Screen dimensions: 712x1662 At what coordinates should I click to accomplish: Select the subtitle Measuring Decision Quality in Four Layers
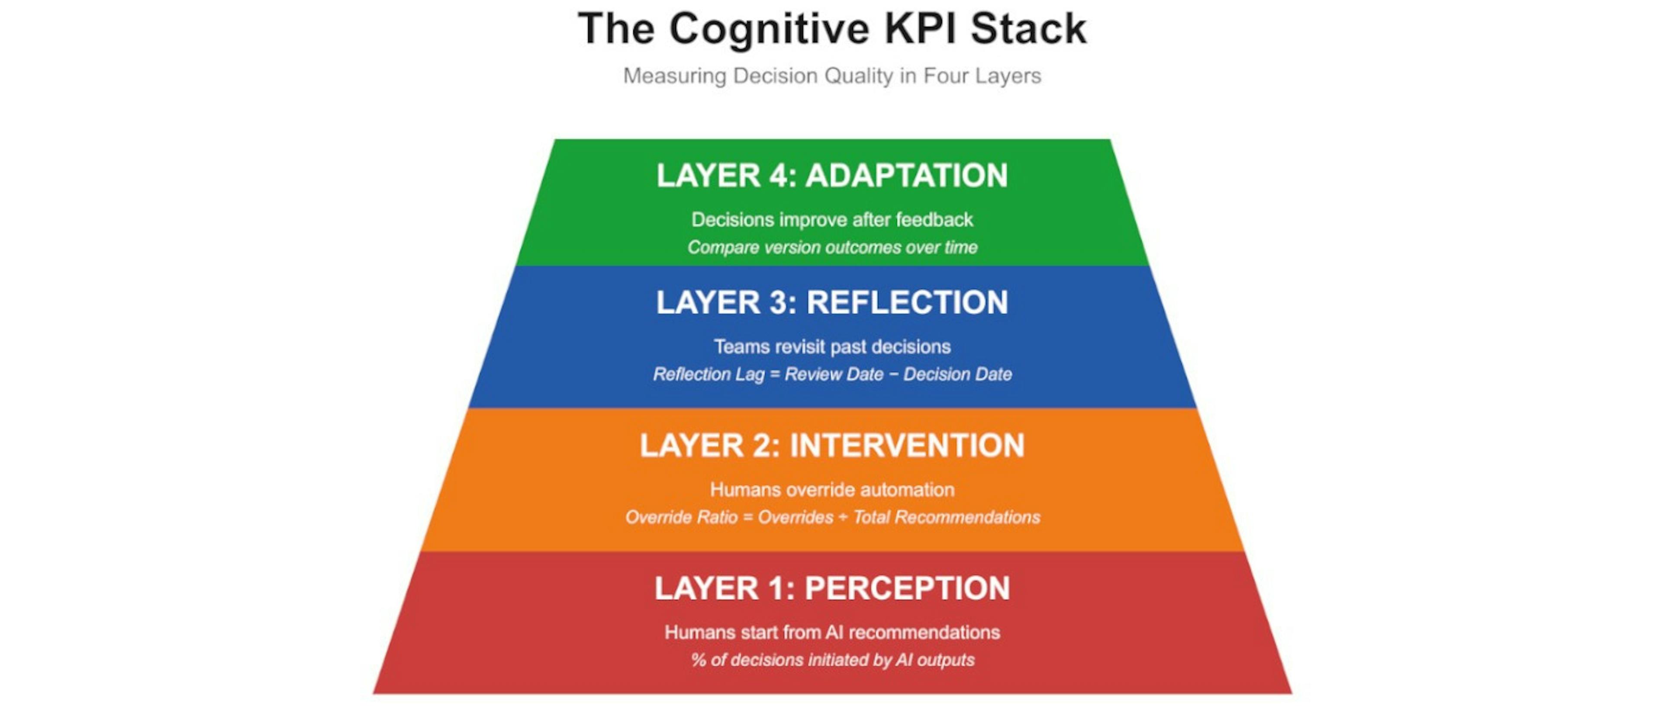point(831,76)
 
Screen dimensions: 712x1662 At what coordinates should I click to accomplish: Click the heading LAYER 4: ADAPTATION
point(831,176)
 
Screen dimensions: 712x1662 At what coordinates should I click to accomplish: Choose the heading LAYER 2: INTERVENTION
point(831,446)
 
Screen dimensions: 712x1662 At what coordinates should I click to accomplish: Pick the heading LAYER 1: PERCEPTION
point(831,589)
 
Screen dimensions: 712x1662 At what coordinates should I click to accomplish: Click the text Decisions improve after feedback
point(831,220)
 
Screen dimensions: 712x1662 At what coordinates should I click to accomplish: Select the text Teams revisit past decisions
point(831,347)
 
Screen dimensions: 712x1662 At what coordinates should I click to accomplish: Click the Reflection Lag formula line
point(831,375)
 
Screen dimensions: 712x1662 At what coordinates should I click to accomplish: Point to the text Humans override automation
point(831,490)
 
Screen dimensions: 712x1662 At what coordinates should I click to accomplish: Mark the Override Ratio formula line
point(831,517)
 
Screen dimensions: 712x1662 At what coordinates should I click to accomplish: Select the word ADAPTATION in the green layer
point(906,176)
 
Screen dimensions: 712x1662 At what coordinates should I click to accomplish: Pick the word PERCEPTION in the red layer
point(907,589)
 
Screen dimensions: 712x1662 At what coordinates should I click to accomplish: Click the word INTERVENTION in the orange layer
point(907,446)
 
